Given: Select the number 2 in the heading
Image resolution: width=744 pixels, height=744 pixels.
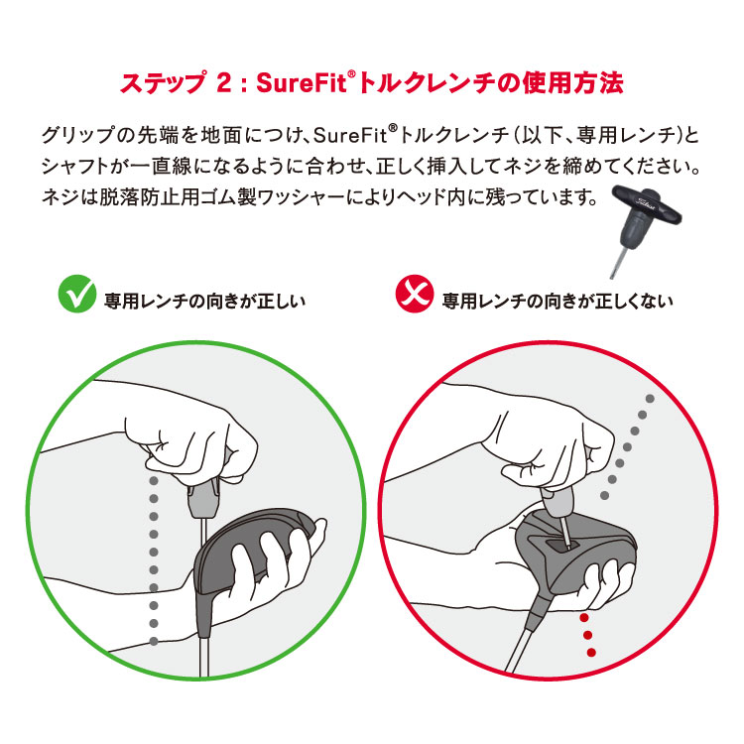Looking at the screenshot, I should pos(222,83).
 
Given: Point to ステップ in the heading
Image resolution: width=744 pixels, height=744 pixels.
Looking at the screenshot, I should pos(160,83).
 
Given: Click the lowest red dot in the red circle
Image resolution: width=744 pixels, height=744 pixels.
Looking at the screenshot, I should pos(591,652).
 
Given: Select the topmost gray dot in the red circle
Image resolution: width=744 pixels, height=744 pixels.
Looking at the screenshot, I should pos(650,399).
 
